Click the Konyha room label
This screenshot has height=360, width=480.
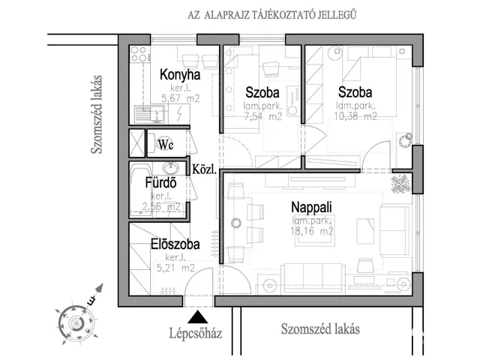tap(180, 75)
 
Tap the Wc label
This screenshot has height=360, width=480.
tap(166, 145)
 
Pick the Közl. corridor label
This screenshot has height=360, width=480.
tap(204, 169)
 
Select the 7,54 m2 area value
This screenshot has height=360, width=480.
tap(263, 116)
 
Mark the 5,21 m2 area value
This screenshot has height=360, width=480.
tap(175, 267)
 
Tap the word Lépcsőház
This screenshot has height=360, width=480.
tap(200, 334)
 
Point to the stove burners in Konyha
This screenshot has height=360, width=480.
tap(138, 54)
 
